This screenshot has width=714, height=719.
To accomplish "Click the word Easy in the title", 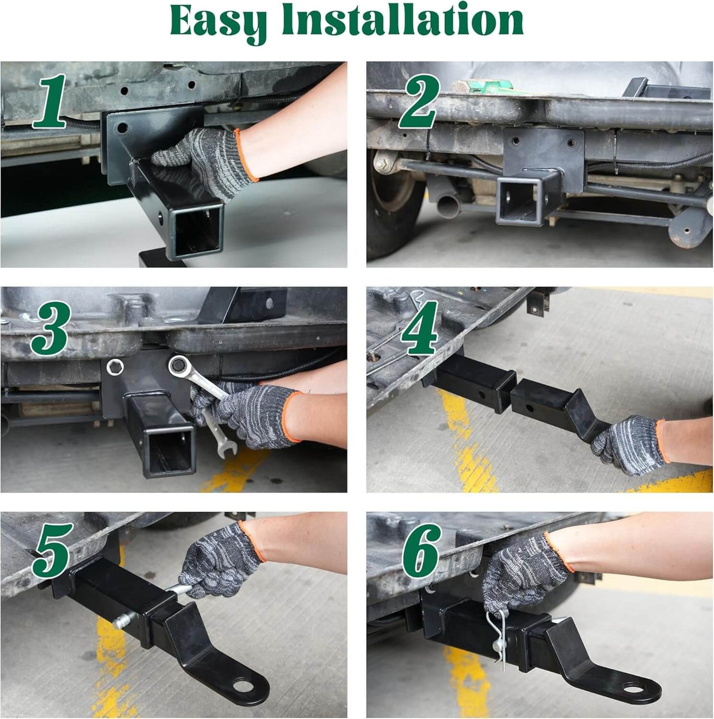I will point(218,21).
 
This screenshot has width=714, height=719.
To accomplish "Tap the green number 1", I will point(49,101).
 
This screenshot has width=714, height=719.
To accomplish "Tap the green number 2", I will point(419,102).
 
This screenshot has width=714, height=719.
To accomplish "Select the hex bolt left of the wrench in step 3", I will point(115,366).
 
